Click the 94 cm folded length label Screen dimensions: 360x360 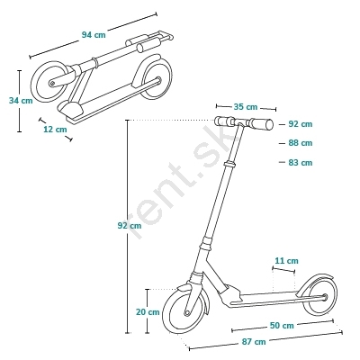[x=94, y=35]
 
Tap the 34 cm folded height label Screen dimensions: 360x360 [x=21, y=101]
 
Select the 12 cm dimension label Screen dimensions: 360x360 [x=55, y=130]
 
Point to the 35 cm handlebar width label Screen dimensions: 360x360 [x=246, y=107]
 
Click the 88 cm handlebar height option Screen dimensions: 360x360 [x=301, y=143]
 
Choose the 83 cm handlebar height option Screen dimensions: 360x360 [x=301, y=163]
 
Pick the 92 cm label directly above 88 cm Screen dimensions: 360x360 [x=301, y=124]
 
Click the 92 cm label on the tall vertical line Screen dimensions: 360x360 [x=130, y=226]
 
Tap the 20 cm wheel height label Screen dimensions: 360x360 [x=148, y=312]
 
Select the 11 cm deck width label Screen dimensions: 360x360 [x=287, y=261]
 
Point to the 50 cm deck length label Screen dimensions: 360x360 [x=282, y=325]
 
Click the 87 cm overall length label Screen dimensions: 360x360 [x=254, y=341]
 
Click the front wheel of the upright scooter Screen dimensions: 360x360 [x=166, y=312]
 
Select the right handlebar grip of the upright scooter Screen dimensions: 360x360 [x=261, y=123]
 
